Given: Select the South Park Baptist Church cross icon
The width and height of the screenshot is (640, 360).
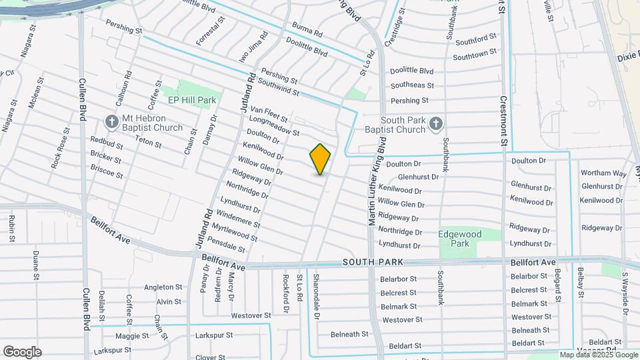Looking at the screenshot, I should (x=435, y=123).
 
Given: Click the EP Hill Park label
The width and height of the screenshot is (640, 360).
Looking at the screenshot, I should (x=192, y=100).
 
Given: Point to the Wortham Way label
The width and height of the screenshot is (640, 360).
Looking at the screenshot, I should (x=604, y=173).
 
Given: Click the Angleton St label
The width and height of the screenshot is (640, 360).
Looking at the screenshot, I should (x=163, y=287).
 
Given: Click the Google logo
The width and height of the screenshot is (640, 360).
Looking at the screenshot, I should (x=21, y=352).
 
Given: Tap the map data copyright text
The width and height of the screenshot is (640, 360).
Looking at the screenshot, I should (x=597, y=355).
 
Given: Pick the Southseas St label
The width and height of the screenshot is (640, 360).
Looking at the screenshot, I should (x=412, y=85).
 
